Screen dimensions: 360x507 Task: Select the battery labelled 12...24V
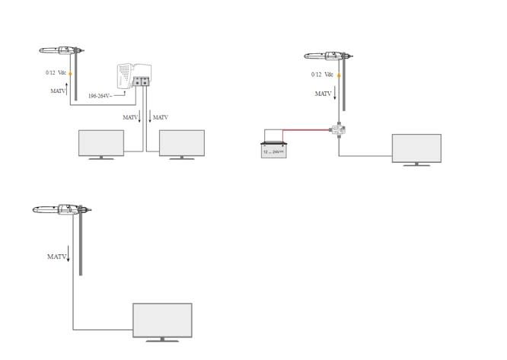pos(273,148)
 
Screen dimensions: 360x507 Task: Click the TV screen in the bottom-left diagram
pos(162,320)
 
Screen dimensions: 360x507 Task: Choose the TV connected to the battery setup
pos(416,148)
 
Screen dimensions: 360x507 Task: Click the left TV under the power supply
pos(101,143)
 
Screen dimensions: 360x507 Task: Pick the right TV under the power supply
pos(181,143)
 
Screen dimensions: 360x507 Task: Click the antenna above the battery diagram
pos(328,57)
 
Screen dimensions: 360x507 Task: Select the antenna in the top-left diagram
pos(60,52)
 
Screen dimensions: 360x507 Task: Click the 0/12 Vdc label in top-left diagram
pos(56,72)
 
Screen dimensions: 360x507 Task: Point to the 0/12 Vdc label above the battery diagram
pos(322,75)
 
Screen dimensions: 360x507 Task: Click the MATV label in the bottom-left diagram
pos(57,257)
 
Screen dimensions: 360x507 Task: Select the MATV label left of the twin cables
pos(130,117)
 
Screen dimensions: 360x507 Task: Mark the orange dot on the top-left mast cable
pos(69,74)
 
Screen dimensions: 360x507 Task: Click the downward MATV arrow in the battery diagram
pos(336,94)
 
